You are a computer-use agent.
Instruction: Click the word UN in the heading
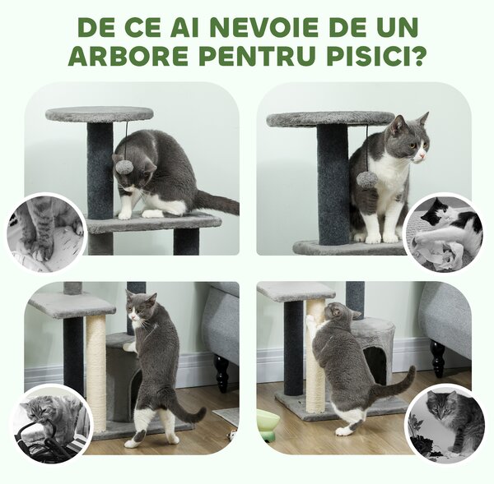click(394, 26)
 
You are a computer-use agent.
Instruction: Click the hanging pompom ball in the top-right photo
click(366, 178)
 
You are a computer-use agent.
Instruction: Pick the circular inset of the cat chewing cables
click(49, 424)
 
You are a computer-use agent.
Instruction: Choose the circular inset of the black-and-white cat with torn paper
click(445, 233)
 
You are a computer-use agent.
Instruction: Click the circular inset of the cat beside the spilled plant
click(445, 422)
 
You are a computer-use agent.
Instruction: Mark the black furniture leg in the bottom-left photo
click(221, 374)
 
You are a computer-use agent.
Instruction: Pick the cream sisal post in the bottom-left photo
click(96, 370)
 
